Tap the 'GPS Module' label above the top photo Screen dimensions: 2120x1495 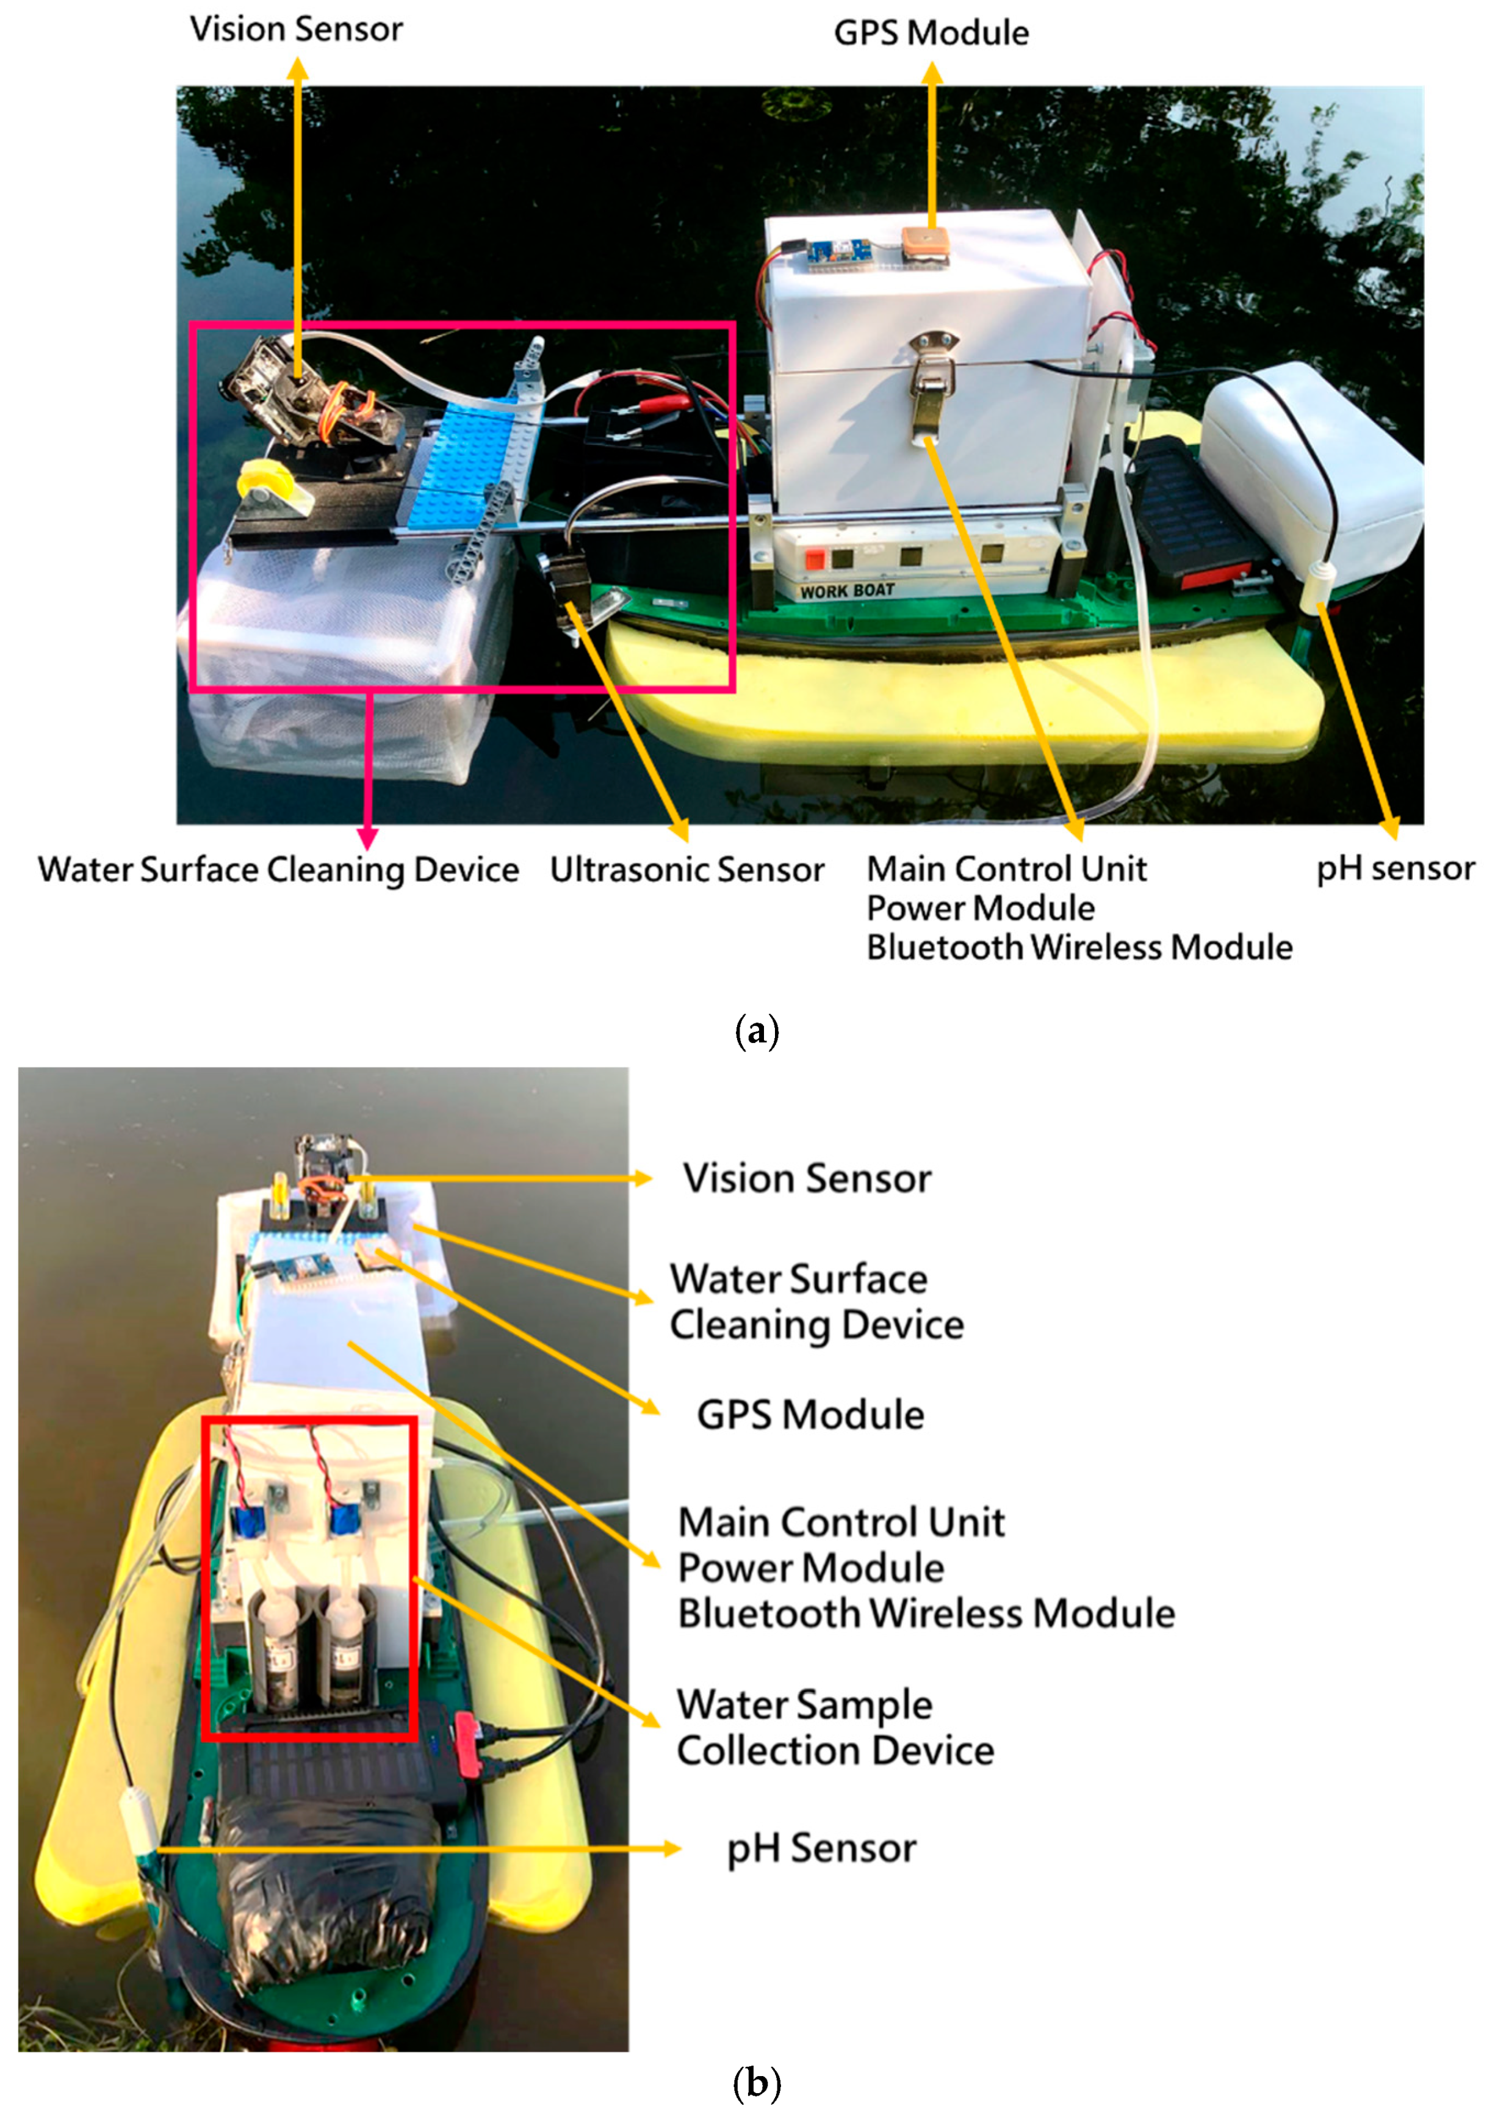pos(931,33)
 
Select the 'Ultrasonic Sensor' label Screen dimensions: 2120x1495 pos(686,870)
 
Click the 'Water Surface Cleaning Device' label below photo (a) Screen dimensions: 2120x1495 pos(278,870)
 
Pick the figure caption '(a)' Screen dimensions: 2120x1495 pos(756,1029)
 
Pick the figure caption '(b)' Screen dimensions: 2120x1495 pos(756,2082)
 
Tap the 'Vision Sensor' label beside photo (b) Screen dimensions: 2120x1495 pos(806,1179)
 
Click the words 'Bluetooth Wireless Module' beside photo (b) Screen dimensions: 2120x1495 pos(925,1613)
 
